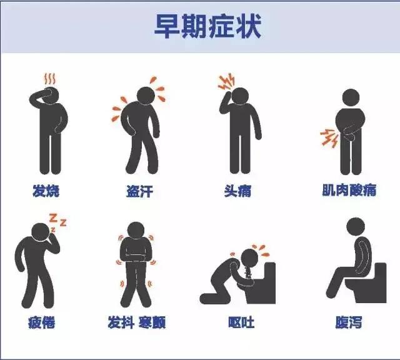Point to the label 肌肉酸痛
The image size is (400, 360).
[x=349, y=190]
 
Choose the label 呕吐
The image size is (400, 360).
[x=241, y=322]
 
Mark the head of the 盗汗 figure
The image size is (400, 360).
[x=146, y=94]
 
